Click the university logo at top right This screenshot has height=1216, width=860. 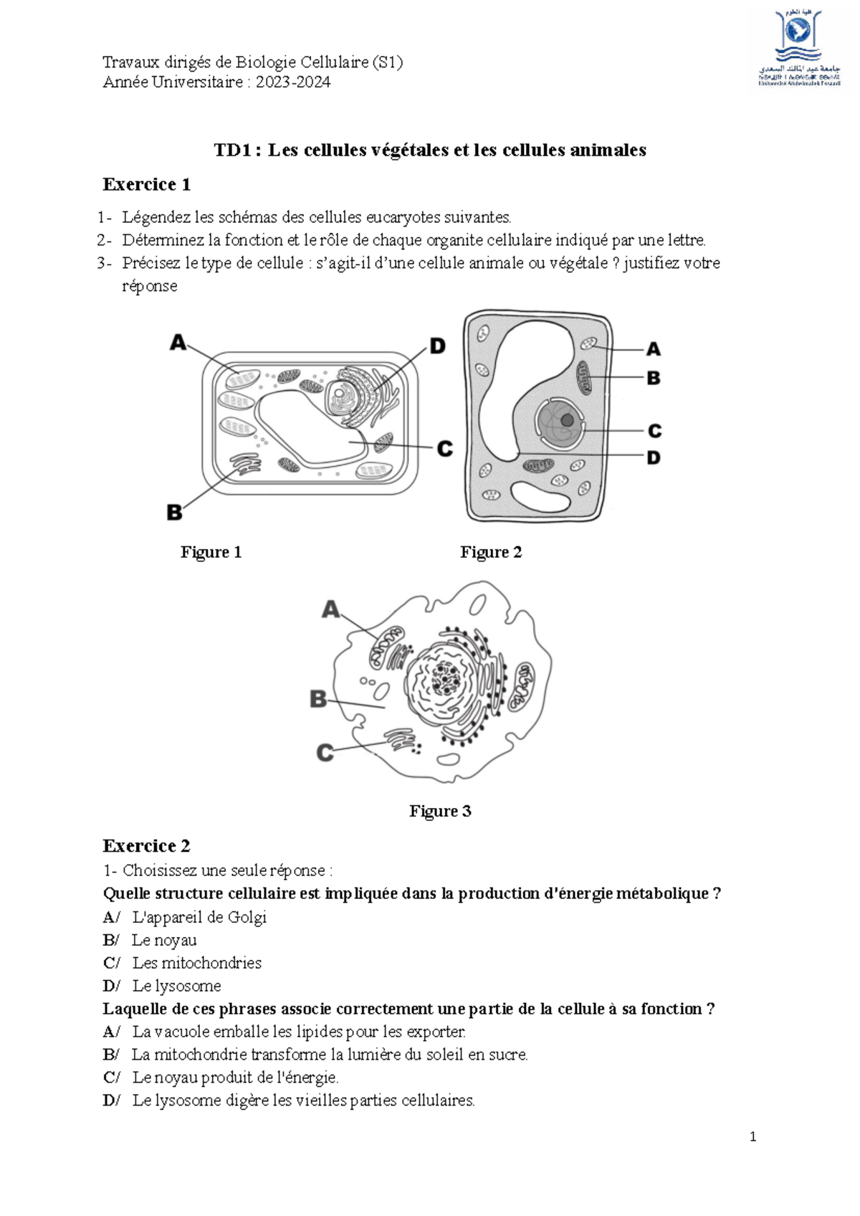click(x=798, y=47)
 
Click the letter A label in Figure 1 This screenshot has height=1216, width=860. click(x=178, y=343)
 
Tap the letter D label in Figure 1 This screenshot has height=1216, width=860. click(x=437, y=347)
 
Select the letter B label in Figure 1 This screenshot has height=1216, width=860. click(x=174, y=513)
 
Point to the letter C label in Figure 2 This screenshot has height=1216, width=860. click(x=654, y=431)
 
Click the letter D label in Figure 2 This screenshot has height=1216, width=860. click(x=654, y=457)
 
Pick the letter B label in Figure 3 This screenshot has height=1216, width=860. click(x=317, y=699)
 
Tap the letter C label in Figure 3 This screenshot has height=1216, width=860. click(x=325, y=753)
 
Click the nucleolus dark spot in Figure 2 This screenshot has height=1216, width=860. click(x=567, y=419)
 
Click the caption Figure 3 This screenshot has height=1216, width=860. click(x=440, y=811)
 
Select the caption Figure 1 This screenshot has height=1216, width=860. click(x=211, y=552)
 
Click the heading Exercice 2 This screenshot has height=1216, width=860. click(x=146, y=846)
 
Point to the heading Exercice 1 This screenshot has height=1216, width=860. click(x=146, y=185)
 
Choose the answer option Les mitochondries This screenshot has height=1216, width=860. click(x=196, y=963)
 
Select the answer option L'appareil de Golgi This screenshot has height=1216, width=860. click(x=199, y=917)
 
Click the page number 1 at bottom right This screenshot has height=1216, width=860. click(x=752, y=1136)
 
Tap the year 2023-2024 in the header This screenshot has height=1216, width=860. click(x=293, y=82)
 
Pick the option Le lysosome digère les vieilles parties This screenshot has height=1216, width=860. click(x=303, y=1101)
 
